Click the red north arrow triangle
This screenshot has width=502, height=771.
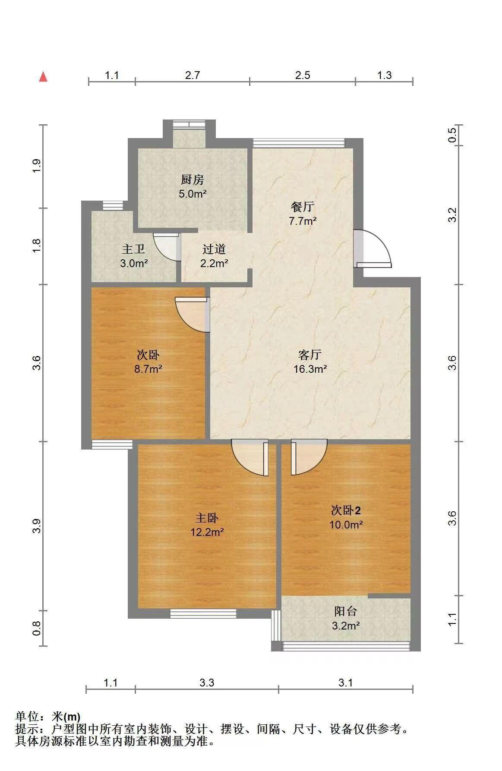click(x=43, y=77)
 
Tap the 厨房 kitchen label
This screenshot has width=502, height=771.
click(x=193, y=179)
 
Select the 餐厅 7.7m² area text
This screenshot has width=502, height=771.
click(x=303, y=221)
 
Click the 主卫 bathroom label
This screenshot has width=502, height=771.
click(x=133, y=249)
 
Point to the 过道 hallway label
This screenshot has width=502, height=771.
click(x=214, y=249)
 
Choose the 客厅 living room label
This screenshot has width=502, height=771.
click(x=310, y=355)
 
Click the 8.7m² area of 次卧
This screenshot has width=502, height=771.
click(x=148, y=369)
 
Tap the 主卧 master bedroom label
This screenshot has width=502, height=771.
click(x=207, y=518)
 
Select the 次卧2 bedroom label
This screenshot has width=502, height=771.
click(x=346, y=510)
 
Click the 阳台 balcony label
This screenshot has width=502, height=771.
click(x=346, y=611)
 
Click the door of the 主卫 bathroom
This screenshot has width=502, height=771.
click(x=167, y=247)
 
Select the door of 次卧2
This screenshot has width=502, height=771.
click(x=309, y=457)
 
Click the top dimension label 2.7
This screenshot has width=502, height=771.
click(x=193, y=75)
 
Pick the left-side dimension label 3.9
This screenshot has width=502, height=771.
click(x=37, y=526)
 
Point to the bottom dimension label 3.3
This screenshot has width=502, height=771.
click(x=207, y=683)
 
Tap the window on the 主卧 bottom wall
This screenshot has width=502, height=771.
click(x=203, y=613)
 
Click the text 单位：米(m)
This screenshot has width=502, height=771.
click(x=48, y=717)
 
